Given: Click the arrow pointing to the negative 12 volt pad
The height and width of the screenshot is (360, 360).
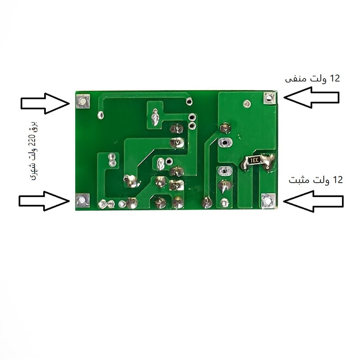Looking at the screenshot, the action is click(311, 97).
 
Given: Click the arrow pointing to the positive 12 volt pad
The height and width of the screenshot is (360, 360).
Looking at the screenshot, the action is click(313, 201).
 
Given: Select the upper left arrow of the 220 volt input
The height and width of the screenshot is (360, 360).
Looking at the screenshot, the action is click(45, 103).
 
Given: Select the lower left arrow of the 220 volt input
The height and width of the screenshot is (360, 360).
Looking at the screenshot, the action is click(44, 201).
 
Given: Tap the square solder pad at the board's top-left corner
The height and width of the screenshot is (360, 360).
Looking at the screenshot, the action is click(83, 101).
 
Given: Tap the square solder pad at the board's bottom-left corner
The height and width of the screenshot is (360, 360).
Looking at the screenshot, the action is click(82, 201).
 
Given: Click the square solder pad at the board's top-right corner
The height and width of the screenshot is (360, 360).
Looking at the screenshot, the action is click(269, 98).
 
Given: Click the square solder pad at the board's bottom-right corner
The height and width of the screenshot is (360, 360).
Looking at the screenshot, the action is click(268, 201).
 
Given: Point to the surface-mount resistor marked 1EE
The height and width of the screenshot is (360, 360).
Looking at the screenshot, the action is click(254, 160).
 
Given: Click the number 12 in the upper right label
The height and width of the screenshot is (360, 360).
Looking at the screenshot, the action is click(334, 78).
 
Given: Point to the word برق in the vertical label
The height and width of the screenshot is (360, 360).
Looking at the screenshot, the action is click(34, 127).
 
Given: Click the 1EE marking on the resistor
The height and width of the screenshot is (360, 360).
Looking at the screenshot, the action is click(254, 160).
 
